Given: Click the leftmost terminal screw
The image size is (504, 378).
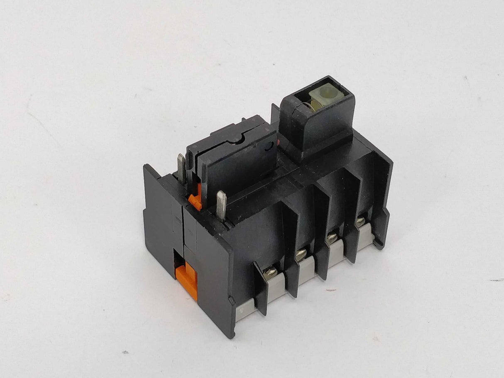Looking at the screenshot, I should [x=271, y=272].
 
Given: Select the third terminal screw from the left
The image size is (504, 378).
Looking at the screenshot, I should [x=332, y=237].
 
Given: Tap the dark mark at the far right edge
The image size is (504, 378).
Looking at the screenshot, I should [x=497, y=280].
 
